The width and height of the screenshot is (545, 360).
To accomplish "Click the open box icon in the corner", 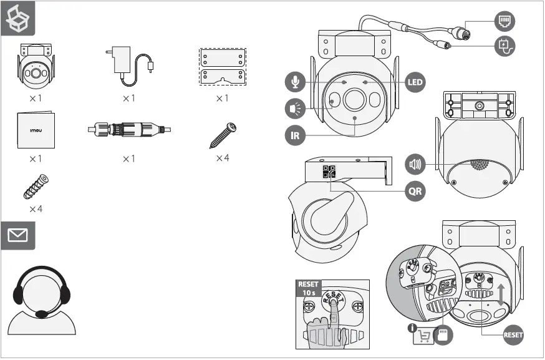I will (17, 19).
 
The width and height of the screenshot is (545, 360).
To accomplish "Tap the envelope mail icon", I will (18, 235).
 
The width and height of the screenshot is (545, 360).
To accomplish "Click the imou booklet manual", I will (36, 130).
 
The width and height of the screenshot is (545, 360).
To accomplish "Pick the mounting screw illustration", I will (223, 135).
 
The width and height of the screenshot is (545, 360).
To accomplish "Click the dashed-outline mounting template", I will (222, 67).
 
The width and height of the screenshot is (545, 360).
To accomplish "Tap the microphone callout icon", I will (295, 82).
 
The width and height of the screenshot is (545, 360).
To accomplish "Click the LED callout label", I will (415, 82).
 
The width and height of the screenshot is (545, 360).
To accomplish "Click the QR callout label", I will (415, 191).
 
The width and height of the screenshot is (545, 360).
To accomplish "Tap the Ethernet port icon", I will (504, 22).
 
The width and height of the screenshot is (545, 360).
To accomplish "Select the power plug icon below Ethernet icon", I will (504, 46).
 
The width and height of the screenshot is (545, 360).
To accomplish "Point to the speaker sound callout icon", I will (415, 165).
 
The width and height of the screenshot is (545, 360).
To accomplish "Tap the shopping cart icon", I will (423, 336).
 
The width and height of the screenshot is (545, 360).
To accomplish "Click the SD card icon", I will (443, 336).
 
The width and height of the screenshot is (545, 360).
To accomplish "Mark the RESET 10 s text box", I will (309, 288).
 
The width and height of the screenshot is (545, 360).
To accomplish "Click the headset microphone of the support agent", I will (42, 314).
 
